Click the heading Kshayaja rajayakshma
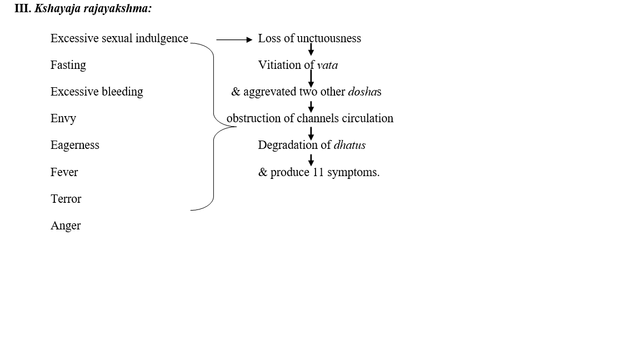(93, 9)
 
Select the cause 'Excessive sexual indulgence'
(119, 38)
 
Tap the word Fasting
(68, 65)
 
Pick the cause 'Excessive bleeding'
(97, 92)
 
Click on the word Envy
(63, 118)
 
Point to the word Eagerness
(74, 145)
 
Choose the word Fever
(64, 172)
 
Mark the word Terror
(66, 199)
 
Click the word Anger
(66, 226)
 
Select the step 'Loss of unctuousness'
(309, 38)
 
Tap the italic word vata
(327, 65)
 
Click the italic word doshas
(364, 92)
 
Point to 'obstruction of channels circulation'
(309, 118)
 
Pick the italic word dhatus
(349, 145)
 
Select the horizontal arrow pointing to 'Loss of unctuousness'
(234, 39)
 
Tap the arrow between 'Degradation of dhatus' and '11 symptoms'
(311, 159)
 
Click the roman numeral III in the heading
(22, 9)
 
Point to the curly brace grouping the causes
(214, 127)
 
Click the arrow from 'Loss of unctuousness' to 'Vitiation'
(311, 50)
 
